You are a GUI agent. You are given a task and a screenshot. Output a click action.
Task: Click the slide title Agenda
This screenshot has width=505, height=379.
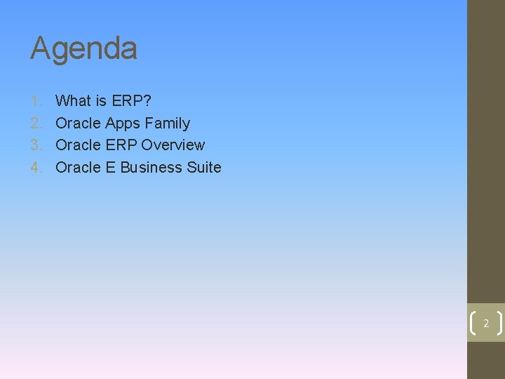(83, 49)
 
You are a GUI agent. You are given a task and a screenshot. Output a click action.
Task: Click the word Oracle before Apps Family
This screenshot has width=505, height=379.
(78, 124)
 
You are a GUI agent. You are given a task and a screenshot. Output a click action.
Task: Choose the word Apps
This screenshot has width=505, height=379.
(121, 124)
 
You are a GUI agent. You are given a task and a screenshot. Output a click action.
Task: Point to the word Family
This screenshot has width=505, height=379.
(166, 124)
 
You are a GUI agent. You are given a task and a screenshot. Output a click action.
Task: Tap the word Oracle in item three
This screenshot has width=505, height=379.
(78, 145)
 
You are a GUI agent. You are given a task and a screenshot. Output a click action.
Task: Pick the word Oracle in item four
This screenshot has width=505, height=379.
(78, 168)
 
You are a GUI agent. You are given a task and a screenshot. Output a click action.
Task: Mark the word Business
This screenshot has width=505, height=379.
(151, 168)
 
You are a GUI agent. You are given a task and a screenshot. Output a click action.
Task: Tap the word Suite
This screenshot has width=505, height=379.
(204, 168)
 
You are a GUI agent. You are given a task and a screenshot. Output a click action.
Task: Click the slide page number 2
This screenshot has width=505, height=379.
(485, 324)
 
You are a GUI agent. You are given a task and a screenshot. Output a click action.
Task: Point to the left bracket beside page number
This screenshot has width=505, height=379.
(471, 324)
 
